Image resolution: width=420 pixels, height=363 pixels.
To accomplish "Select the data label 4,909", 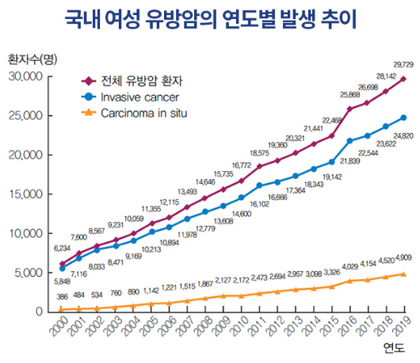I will pyautogui.click(x=403, y=258).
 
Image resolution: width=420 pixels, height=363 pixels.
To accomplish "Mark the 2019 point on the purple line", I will pyautogui.click(x=403, y=79).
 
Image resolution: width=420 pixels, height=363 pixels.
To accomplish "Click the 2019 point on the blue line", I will pyautogui.click(x=403, y=117).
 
